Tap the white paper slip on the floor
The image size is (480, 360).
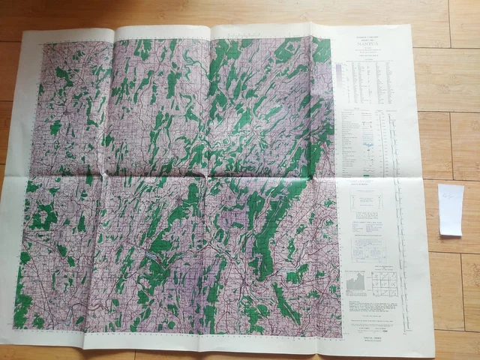[x=450, y=210]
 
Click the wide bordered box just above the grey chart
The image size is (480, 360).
[x=367, y=201]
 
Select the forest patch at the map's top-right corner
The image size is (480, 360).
[x=322, y=51]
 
